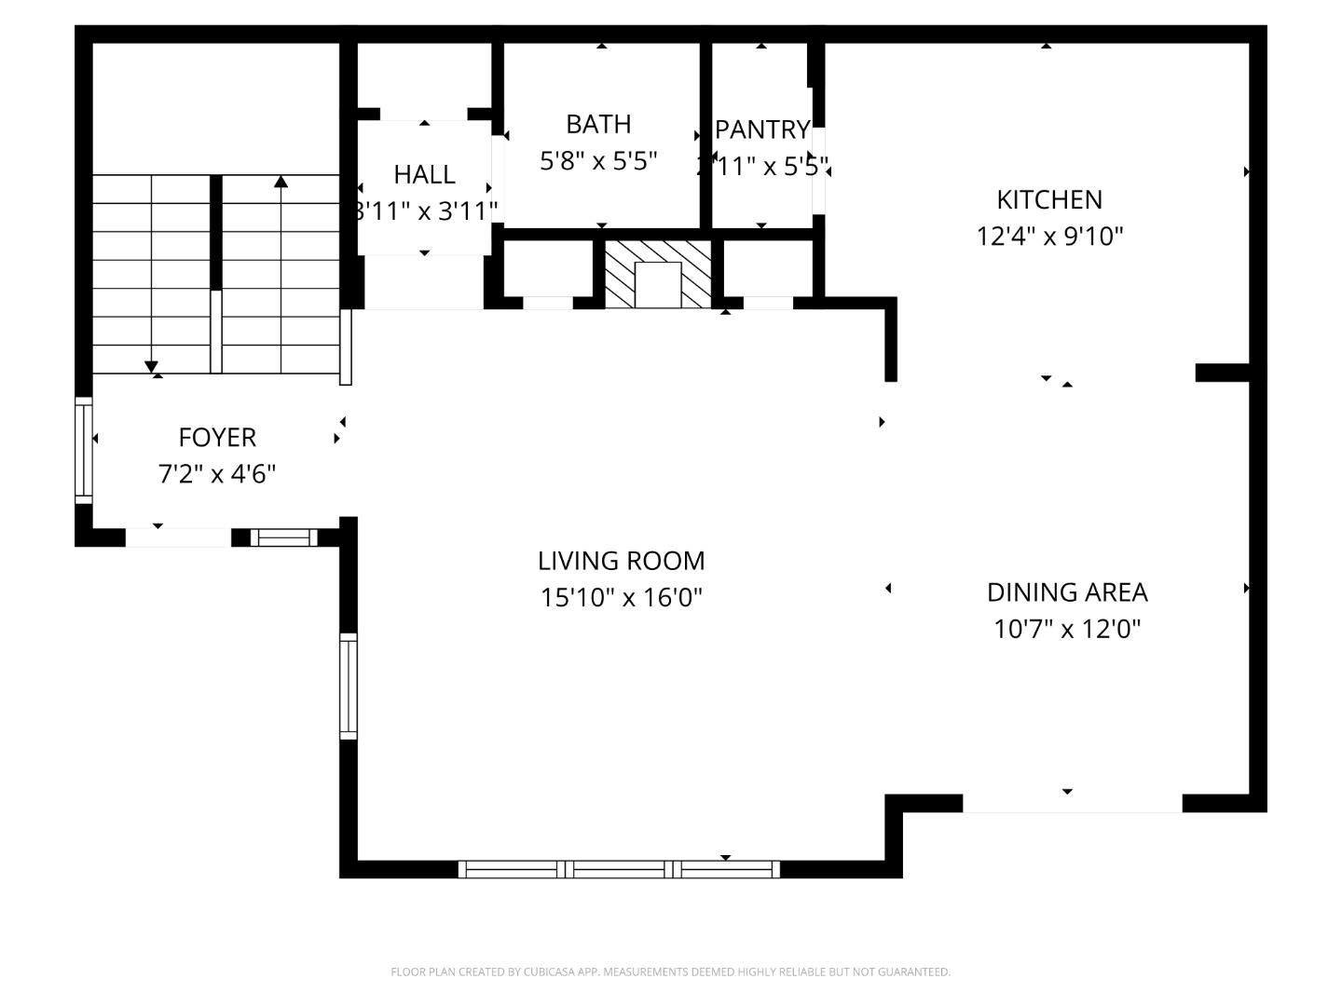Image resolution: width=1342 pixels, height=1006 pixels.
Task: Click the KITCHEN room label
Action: click(x=1049, y=199)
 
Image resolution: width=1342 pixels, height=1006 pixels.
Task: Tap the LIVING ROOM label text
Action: click(x=621, y=561)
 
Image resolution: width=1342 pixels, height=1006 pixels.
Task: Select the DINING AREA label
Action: click(x=1067, y=592)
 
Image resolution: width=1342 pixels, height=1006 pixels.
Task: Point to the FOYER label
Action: click(x=217, y=437)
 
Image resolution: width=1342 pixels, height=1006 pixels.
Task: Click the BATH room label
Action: click(x=598, y=124)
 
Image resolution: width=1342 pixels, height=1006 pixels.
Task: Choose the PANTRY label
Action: click(x=762, y=129)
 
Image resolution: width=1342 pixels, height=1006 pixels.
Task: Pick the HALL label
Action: click(x=424, y=174)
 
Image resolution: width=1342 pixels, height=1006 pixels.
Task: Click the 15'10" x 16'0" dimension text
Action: click(x=621, y=597)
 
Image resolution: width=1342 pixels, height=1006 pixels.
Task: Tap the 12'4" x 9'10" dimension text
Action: click(x=1049, y=236)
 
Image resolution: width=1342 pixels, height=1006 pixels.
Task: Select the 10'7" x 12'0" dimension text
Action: click(x=1067, y=629)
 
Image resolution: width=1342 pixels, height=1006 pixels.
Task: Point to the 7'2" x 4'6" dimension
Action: click(x=217, y=474)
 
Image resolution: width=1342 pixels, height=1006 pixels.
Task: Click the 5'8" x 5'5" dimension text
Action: click(x=598, y=160)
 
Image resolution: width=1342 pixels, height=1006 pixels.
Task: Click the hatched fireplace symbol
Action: click(x=657, y=274)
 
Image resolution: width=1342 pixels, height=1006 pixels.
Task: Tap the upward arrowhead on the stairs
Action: click(x=281, y=181)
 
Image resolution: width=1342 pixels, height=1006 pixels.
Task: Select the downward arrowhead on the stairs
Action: click(x=152, y=367)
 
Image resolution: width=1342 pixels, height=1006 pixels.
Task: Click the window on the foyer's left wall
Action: click(x=84, y=450)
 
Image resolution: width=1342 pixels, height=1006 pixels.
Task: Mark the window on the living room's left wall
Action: click(x=348, y=686)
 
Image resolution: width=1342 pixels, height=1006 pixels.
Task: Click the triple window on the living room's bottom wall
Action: click(x=619, y=869)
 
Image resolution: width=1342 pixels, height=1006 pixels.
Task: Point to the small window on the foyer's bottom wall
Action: click(x=283, y=537)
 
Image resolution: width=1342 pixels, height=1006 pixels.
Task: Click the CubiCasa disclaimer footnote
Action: click(x=670, y=972)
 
